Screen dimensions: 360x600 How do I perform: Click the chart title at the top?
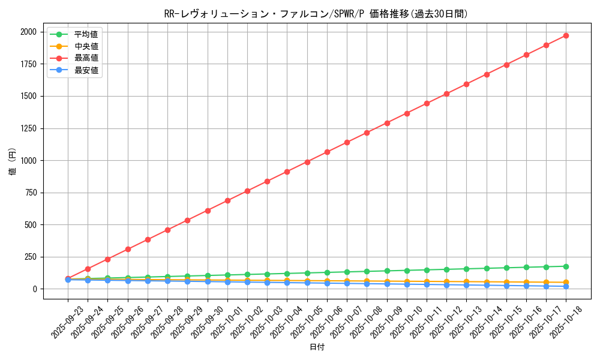click(x=316, y=14)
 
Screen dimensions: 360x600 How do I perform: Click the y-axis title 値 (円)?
click(x=12, y=161)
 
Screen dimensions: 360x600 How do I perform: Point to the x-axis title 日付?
click(x=317, y=347)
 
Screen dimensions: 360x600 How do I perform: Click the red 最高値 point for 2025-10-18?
click(x=566, y=35)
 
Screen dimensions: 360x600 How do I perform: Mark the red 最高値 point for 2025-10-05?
click(x=307, y=162)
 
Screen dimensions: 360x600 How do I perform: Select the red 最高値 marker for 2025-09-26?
click(x=128, y=249)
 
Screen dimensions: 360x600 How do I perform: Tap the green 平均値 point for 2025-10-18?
click(x=566, y=266)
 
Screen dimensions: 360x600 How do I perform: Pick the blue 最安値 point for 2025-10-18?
click(x=566, y=286)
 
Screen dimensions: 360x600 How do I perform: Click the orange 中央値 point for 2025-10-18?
click(x=566, y=282)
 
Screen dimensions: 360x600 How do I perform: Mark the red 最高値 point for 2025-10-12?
click(x=446, y=94)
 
